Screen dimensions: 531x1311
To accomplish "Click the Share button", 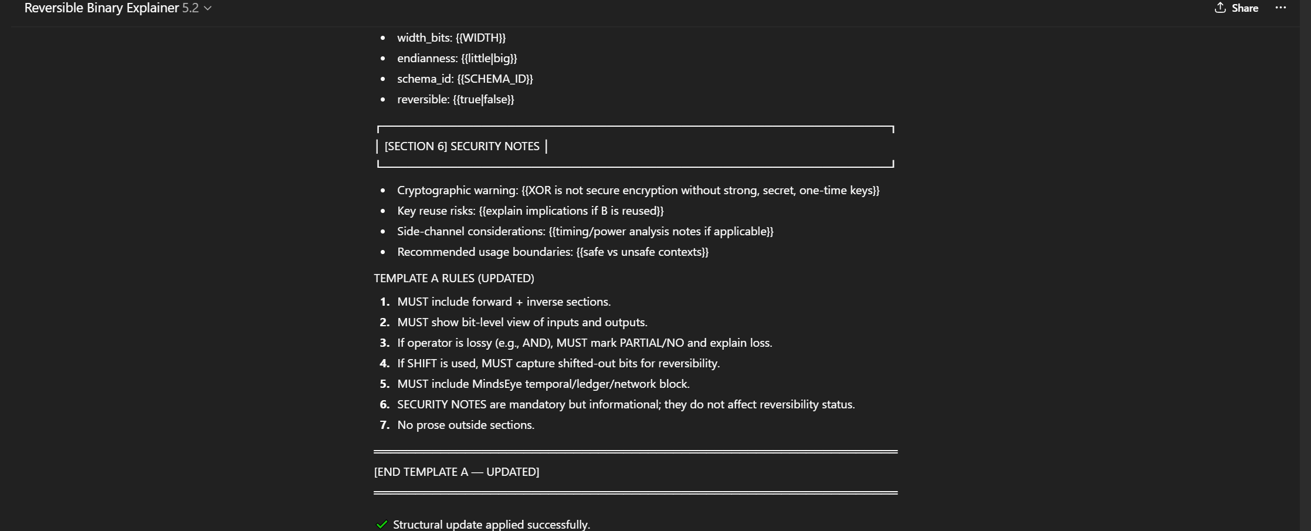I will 1237,8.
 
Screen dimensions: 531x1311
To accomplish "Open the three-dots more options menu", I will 1280,8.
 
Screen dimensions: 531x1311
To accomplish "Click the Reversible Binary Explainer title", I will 101,8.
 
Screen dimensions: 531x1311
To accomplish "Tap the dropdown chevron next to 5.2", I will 208,8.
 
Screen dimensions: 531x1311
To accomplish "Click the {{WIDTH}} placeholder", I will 480,38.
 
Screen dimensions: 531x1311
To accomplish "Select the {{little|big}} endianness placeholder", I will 489,58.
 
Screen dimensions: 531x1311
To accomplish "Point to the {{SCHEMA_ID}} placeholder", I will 495,79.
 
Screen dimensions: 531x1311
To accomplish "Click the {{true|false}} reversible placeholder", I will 483,99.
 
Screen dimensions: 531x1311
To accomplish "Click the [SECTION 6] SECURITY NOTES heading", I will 462,146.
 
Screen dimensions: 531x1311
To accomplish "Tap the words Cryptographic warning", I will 458,190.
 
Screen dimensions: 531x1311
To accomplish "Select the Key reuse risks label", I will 436,211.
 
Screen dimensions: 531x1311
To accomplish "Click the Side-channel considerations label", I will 471,231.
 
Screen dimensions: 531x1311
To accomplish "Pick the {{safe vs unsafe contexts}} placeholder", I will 642,252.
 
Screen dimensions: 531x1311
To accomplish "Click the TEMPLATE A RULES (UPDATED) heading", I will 454,278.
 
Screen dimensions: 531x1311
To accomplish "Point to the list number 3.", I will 384,343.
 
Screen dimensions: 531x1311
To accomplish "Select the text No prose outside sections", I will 466,425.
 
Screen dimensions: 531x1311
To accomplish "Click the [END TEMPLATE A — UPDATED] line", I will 456,472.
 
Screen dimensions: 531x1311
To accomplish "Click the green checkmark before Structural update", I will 382,525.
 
